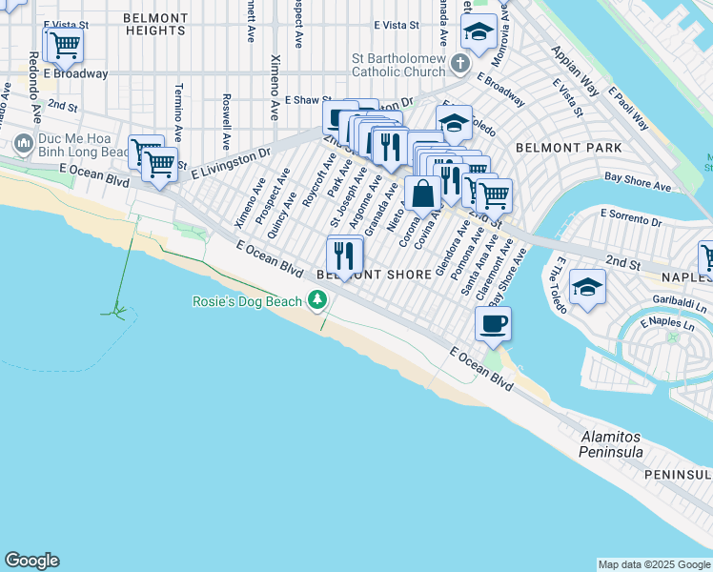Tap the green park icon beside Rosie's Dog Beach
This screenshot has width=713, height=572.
316,301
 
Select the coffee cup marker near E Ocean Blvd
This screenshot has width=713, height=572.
493,324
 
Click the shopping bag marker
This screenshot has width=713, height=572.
422,193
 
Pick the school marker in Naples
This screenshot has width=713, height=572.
587,286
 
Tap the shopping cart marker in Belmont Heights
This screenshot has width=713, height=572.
64,43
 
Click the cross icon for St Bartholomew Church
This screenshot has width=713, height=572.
460,64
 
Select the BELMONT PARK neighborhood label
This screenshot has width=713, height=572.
568,148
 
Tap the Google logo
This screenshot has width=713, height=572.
31,561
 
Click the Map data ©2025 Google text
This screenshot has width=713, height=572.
654,564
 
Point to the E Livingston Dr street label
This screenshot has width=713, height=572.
232,162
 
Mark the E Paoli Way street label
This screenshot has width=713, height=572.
630,111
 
